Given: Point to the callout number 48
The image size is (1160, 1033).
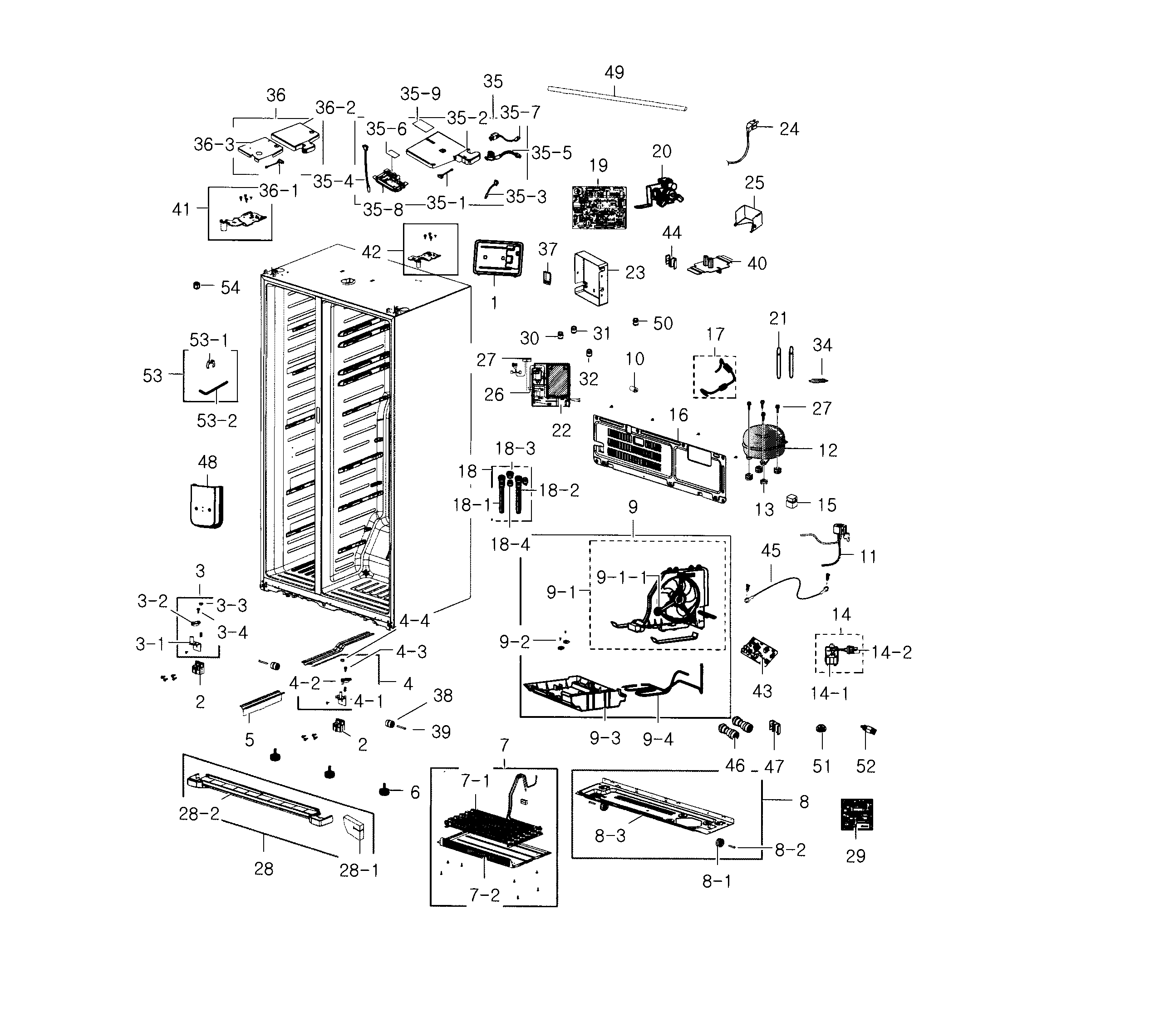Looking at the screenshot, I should pos(208,462).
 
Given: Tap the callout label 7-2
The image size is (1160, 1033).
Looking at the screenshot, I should pos(485,895).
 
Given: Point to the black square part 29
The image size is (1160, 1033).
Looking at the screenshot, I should pos(856,814).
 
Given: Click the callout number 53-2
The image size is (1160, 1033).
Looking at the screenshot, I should pos(217,421).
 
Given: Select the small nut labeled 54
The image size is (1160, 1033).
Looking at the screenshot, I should pos(197,286).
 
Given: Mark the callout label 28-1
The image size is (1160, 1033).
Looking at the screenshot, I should pos(359,870).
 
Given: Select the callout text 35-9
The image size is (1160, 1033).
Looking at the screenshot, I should pos(421,94).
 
